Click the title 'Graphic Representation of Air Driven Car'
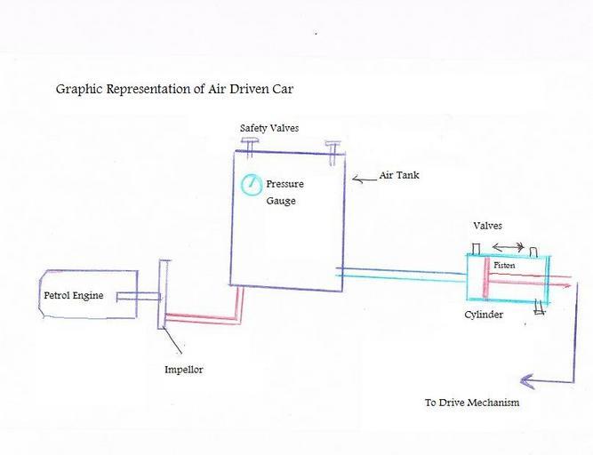tap(174, 89)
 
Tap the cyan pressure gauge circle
tap(252, 185)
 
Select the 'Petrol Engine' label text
tap(73, 295)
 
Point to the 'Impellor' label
tap(184, 369)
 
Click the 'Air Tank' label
tap(399, 175)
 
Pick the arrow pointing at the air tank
tap(364, 179)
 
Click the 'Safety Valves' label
tap(269, 128)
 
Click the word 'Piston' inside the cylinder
tap(504, 265)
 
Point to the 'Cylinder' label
tap(484, 315)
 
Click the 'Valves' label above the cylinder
tap(488, 226)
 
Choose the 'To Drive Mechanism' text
tap(471, 403)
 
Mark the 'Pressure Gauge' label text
tap(284, 192)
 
